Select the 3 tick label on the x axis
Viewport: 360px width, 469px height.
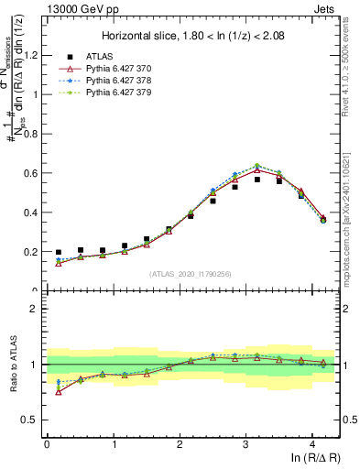245,444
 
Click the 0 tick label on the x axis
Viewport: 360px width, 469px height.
47,444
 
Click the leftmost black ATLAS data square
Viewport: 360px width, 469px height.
59,252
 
